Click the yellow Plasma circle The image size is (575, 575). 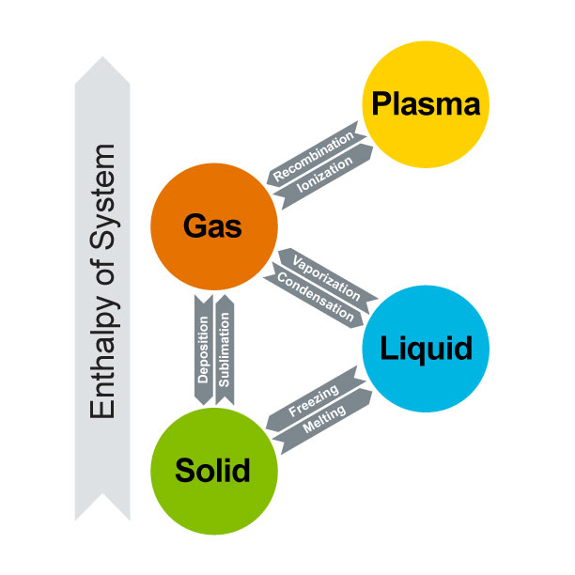[427, 103]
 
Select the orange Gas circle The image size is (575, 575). [213, 226]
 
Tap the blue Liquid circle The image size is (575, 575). [425, 350]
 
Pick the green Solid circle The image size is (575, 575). [213, 469]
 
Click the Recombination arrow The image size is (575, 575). [314, 150]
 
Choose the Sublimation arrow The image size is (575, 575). [225, 348]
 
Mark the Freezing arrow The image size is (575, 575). [314, 401]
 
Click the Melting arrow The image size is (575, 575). [325, 422]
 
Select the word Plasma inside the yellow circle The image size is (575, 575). [427, 103]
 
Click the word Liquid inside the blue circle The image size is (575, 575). [425, 350]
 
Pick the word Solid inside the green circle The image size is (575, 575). [213, 469]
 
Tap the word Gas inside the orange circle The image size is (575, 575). [213, 226]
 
